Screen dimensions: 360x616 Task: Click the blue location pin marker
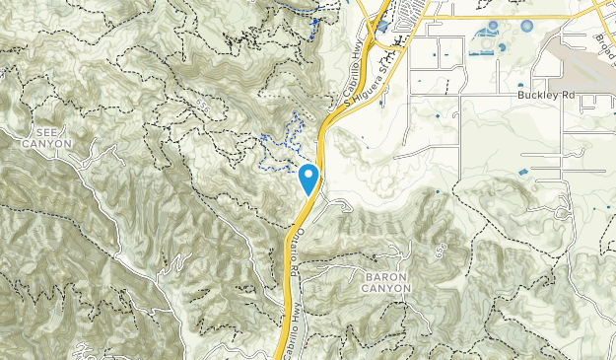(309, 178)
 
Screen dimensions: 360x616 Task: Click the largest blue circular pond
(526, 26)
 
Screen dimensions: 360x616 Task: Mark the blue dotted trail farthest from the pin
(311, 25)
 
